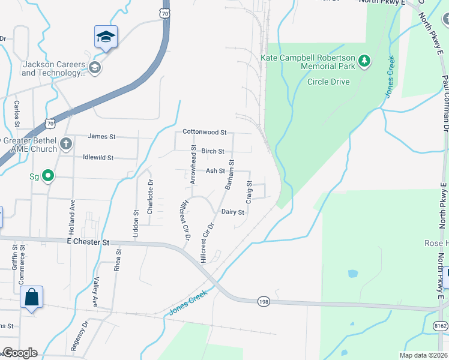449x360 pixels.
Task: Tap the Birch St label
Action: pyautogui.click(x=212, y=152)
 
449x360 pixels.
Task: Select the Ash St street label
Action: pyautogui.click(x=215, y=171)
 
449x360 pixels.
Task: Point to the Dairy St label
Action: pyautogui.click(x=233, y=212)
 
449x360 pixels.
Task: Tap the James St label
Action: pyautogui.click(x=101, y=137)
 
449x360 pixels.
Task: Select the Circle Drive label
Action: pyautogui.click(x=328, y=82)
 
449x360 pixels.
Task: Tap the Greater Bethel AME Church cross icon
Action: pyautogui.click(x=66, y=144)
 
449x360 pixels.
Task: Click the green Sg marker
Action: pyautogui.click(x=49, y=176)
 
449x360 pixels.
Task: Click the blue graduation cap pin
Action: pyautogui.click(x=106, y=37)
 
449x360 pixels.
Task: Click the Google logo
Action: pyautogui.click(x=19, y=353)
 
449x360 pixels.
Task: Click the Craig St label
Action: pyautogui.click(x=248, y=193)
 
